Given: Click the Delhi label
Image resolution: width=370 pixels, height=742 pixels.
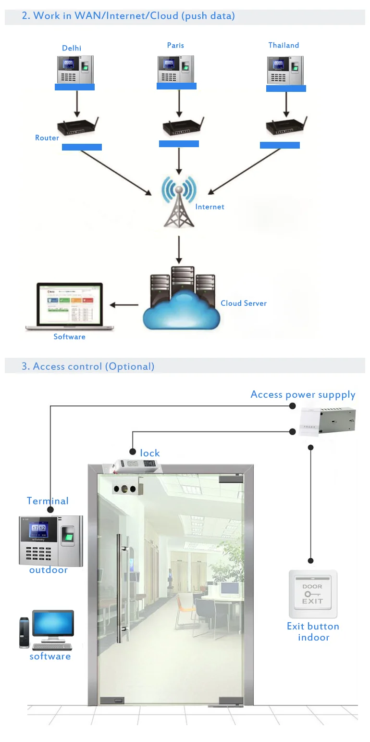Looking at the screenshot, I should click(72, 48).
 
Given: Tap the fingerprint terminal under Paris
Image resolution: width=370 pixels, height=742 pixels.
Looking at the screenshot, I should click(176, 70).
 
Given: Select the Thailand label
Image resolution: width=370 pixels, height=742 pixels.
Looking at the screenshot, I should click(284, 45).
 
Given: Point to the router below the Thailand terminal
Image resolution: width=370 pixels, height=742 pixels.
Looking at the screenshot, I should click(286, 126).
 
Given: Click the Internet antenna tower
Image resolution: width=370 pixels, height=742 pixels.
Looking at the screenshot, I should click(179, 202).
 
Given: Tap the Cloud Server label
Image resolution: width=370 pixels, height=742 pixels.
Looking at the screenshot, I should click(244, 303).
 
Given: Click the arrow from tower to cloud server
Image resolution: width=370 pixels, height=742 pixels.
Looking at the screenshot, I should click(179, 249).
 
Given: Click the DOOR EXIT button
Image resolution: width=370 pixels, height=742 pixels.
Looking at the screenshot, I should click(313, 594).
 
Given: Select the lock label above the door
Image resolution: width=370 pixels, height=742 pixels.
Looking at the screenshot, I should click(150, 453).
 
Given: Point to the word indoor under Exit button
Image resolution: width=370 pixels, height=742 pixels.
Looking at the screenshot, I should click(314, 638).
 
